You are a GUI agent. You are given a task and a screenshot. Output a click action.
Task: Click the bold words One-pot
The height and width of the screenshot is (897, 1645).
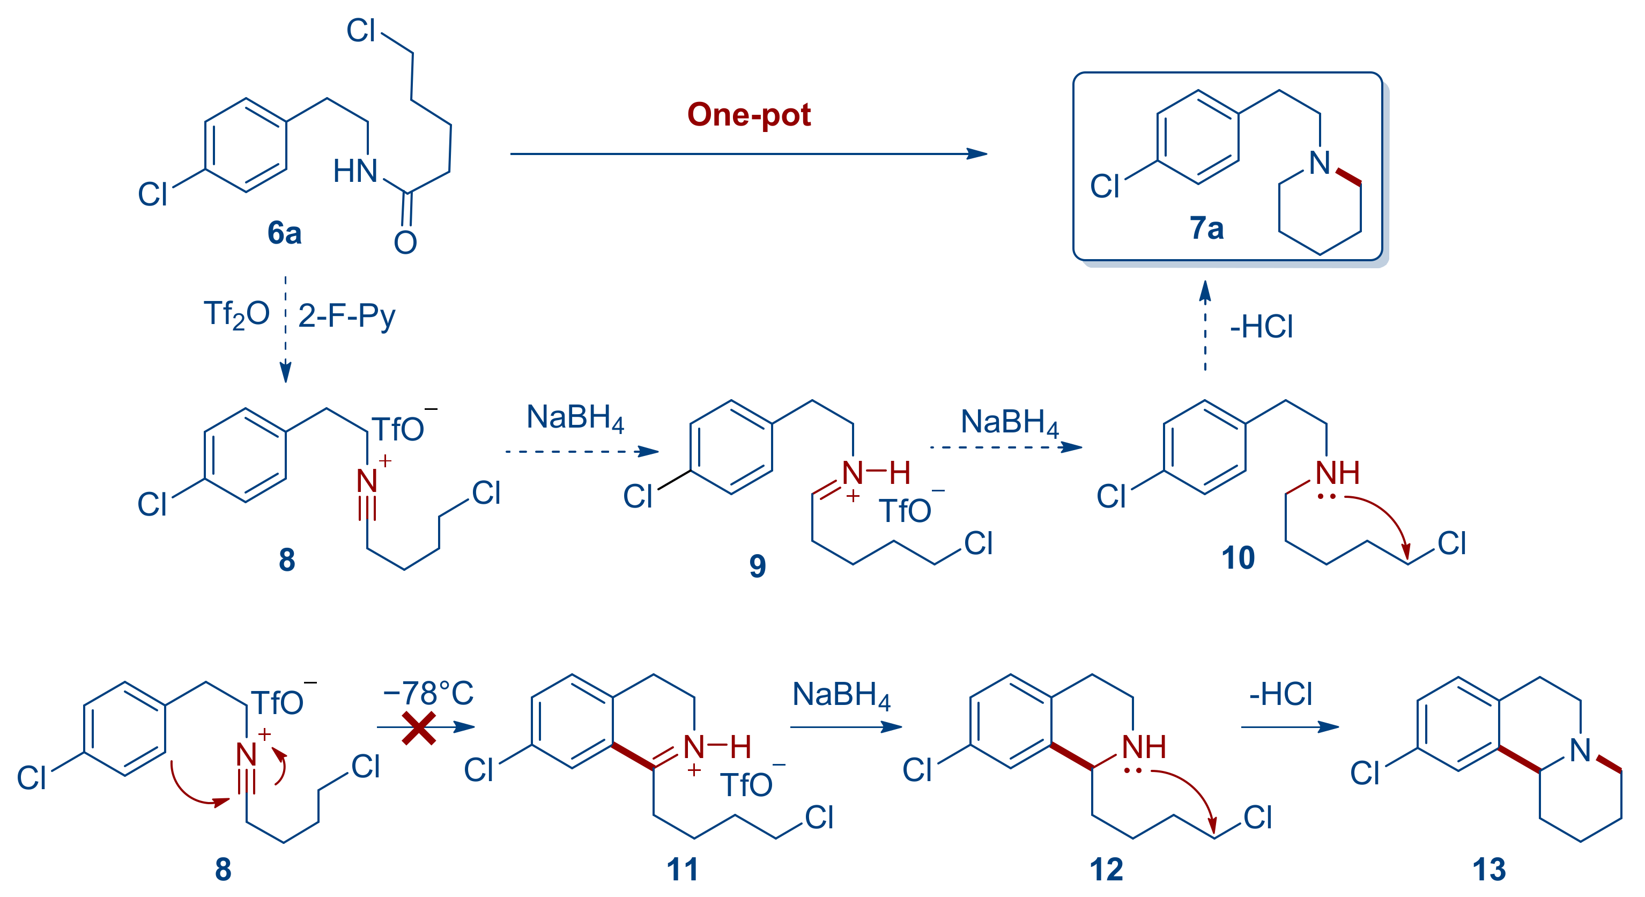tap(749, 115)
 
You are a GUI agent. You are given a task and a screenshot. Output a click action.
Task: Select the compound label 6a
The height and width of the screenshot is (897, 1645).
tap(284, 232)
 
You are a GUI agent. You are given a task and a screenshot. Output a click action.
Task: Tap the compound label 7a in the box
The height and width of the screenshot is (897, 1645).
tap(1206, 228)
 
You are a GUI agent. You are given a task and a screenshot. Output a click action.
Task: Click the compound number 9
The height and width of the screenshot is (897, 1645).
tap(758, 565)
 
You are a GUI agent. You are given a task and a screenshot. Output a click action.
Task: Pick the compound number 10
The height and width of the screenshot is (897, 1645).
tap(1238, 558)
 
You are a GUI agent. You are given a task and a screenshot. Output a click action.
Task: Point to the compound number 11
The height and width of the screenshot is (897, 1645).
tap(682, 870)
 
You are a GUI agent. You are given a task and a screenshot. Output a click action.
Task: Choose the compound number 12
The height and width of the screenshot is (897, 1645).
tap(1106, 870)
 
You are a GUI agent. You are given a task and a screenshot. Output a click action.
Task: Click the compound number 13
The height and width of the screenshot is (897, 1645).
tap(1489, 870)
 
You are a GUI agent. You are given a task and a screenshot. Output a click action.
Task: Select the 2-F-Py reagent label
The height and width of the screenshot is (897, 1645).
tap(347, 315)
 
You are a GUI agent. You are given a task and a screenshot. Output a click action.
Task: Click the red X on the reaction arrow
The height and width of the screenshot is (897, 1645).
tap(419, 729)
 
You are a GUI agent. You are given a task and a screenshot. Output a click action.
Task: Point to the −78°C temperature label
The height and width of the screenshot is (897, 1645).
tap(428, 693)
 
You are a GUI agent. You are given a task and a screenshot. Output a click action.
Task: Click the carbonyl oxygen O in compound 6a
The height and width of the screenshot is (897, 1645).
tap(405, 243)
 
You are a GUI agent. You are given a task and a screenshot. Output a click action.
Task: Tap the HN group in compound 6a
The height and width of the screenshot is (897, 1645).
tap(355, 171)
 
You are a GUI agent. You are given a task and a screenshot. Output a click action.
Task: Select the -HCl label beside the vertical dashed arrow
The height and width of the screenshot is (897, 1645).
tap(1261, 327)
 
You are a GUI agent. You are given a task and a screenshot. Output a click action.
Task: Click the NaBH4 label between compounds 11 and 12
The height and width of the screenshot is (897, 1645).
tap(841, 695)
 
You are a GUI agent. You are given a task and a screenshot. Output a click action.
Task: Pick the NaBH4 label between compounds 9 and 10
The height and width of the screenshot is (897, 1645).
tap(1010, 423)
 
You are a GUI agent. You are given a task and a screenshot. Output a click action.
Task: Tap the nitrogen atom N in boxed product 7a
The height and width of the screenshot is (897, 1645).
tap(1320, 163)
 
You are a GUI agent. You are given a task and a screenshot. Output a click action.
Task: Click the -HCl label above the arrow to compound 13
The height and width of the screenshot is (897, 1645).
tap(1280, 694)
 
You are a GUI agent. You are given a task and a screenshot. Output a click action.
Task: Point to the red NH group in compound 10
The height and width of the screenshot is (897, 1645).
tap(1337, 473)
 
